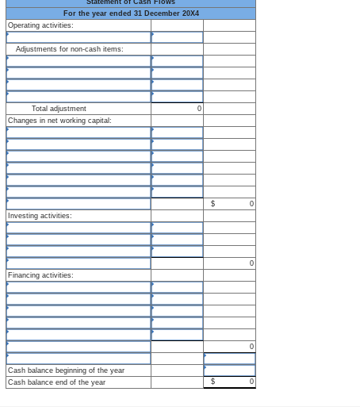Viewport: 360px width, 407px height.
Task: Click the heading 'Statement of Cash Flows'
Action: pos(131,3)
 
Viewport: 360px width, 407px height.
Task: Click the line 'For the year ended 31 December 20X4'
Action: pos(131,13)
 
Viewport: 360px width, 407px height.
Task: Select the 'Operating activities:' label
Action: pos(40,25)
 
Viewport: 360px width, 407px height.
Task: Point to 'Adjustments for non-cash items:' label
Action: pos(70,49)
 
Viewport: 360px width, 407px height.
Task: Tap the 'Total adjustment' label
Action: pos(59,109)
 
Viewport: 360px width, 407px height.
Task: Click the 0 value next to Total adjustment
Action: pos(199,109)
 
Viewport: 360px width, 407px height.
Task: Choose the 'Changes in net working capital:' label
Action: pos(59,121)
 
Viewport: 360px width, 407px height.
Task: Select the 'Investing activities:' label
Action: pos(40,216)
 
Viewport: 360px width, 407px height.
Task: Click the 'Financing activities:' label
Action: pos(40,275)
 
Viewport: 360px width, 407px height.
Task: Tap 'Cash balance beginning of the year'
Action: pos(66,371)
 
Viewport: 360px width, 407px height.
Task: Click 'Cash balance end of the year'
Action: pos(56,382)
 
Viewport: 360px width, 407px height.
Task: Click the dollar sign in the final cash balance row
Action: pos(213,382)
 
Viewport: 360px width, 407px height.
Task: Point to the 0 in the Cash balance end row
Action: pos(251,382)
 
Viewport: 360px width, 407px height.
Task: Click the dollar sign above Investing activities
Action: pos(213,204)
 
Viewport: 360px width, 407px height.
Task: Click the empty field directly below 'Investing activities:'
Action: pos(79,228)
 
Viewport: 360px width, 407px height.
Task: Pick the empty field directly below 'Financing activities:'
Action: pos(79,287)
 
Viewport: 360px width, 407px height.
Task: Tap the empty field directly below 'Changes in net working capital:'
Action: pos(79,132)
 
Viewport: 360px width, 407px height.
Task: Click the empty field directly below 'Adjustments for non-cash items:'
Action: pos(79,61)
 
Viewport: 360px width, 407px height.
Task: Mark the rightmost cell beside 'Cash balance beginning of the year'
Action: pos(229,371)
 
